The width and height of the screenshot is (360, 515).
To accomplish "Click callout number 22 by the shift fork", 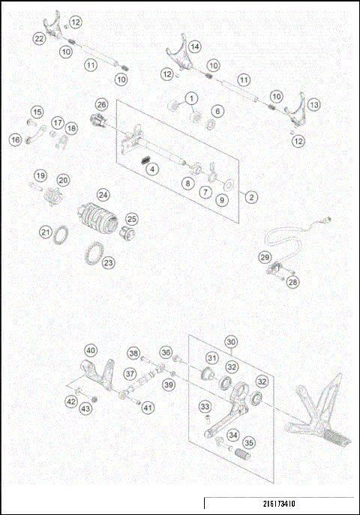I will (39, 37).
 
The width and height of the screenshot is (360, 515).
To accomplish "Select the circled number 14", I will (194, 46).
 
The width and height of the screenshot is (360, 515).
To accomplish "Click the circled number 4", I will (152, 169).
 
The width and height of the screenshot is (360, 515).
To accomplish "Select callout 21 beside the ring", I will (46, 233).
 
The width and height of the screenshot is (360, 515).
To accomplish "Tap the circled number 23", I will (109, 262).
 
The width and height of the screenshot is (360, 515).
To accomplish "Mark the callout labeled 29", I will (265, 257).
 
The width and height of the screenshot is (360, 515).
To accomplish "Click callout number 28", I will (293, 282).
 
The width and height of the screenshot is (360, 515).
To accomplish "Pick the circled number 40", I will (90, 350).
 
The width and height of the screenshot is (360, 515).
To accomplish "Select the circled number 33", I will (204, 406).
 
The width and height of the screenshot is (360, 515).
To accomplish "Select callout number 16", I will (15, 139).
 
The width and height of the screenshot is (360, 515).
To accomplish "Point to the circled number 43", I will (85, 408).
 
